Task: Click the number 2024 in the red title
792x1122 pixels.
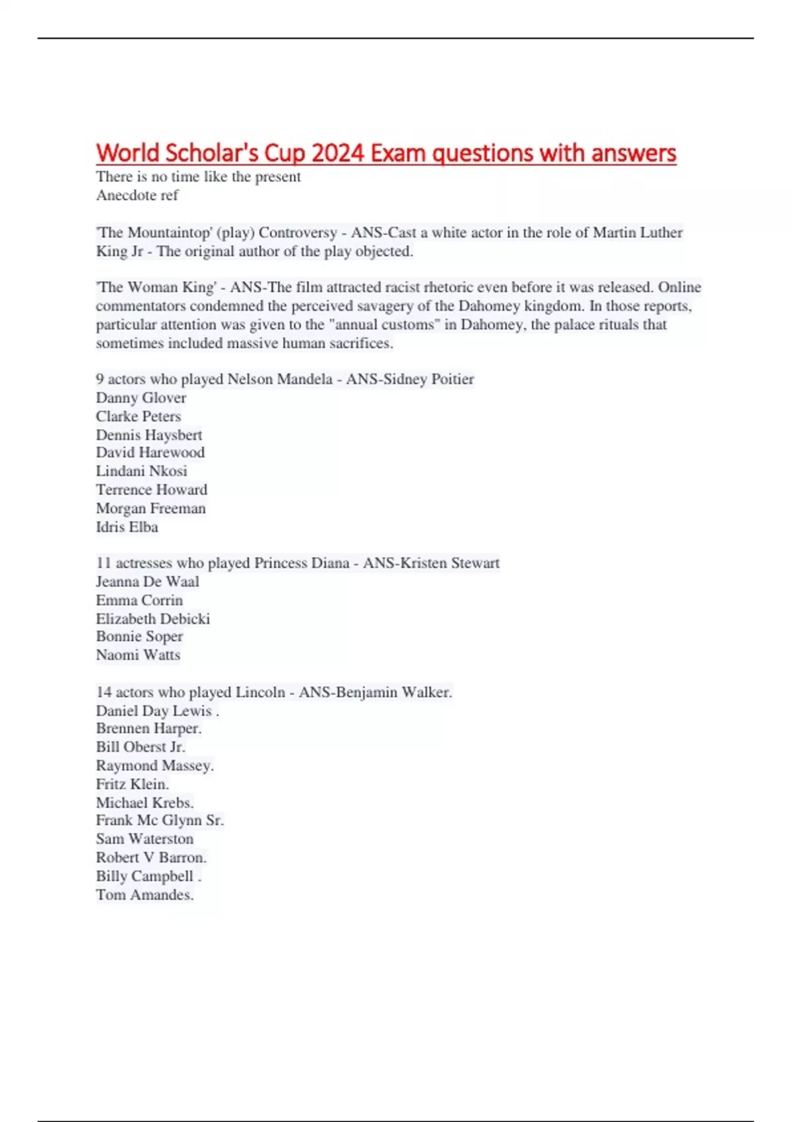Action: [x=337, y=153]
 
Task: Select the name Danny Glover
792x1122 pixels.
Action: [x=141, y=398]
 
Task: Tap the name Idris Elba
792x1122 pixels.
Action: [x=127, y=527]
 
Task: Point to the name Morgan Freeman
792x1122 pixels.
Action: [x=150, y=509]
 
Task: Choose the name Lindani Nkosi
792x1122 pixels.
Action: [x=141, y=471]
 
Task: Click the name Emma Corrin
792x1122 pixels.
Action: [x=139, y=601]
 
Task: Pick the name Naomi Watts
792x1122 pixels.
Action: [x=138, y=655]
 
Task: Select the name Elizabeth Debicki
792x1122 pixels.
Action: [x=152, y=619]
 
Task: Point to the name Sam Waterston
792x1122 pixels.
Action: [x=145, y=839]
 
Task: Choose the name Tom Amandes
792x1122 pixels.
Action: [x=144, y=895]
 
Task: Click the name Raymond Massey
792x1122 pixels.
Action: [x=154, y=766]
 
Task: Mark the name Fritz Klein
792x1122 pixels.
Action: [x=132, y=784]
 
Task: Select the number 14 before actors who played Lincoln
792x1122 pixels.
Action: [x=104, y=692]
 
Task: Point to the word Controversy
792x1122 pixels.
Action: [x=298, y=233]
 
